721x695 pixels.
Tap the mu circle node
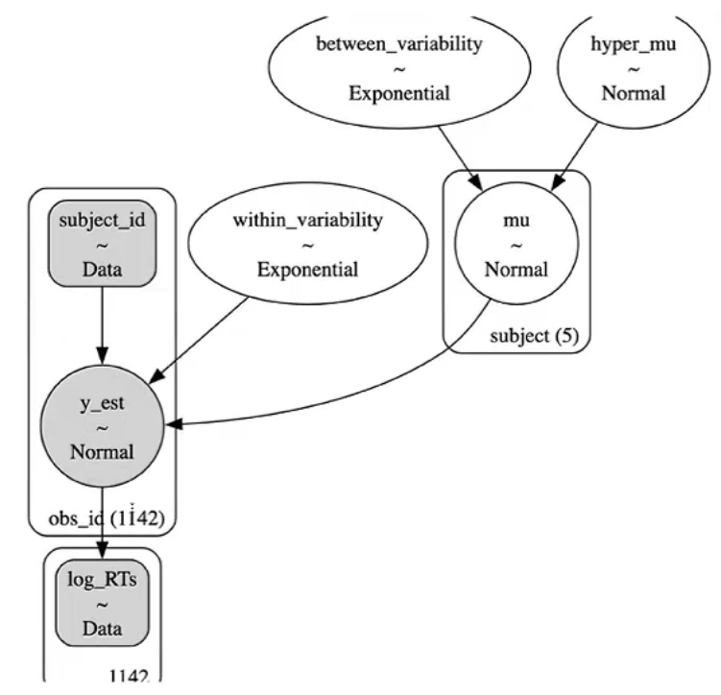tap(516, 244)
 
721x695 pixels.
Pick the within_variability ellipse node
tap(307, 244)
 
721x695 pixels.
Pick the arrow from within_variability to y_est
tap(205, 331)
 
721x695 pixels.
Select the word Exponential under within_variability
tap(307, 270)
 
